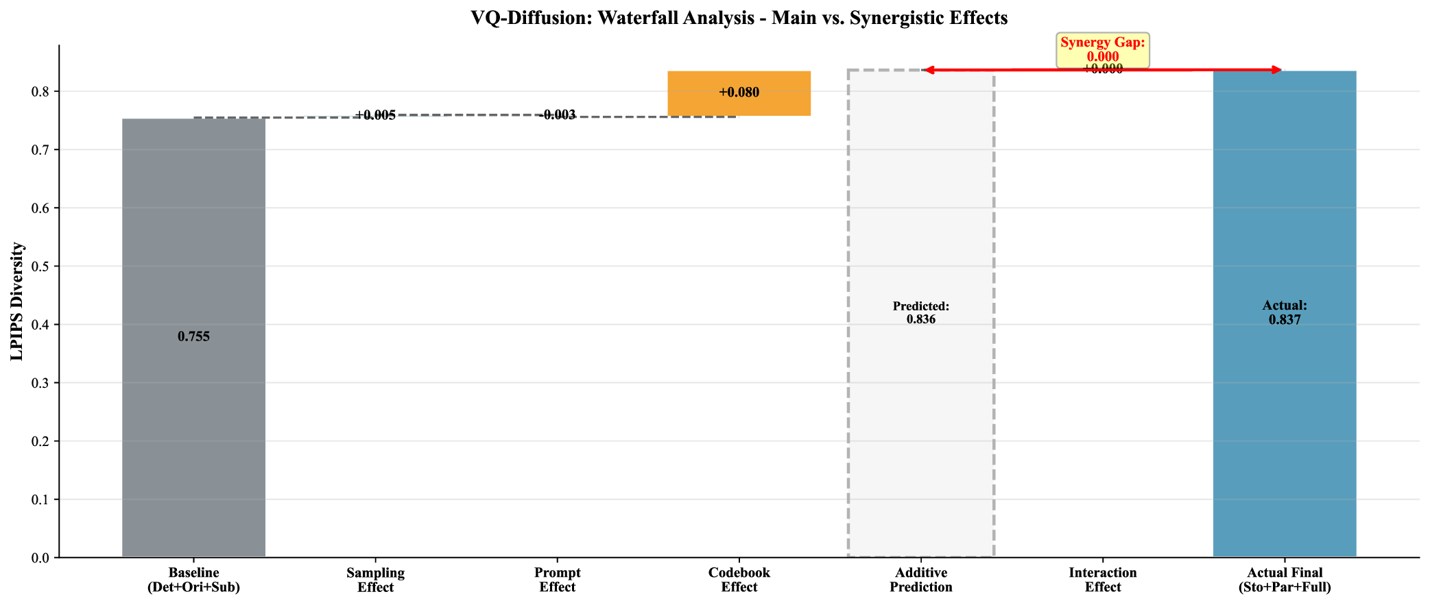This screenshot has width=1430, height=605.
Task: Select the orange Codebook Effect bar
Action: coord(739,103)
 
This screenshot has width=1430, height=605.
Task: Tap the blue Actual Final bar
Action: coord(1284,411)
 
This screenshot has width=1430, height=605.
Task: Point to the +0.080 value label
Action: coord(739,92)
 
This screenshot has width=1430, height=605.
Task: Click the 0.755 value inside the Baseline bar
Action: coord(193,336)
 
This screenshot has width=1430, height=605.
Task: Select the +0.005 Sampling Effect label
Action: coord(375,115)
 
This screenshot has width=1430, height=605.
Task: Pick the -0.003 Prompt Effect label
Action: coord(557,115)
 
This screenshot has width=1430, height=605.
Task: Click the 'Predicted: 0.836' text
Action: coord(920,312)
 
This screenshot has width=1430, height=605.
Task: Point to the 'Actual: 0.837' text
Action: coord(1284,312)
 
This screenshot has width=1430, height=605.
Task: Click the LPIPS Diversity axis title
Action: coord(17,301)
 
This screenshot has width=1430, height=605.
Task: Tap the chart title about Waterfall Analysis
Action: coord(739,18)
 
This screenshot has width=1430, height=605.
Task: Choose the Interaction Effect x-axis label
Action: coord(1102,580)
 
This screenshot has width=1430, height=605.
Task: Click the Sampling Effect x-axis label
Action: coord(375,580)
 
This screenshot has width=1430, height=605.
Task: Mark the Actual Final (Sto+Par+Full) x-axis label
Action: coord(1284,580)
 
